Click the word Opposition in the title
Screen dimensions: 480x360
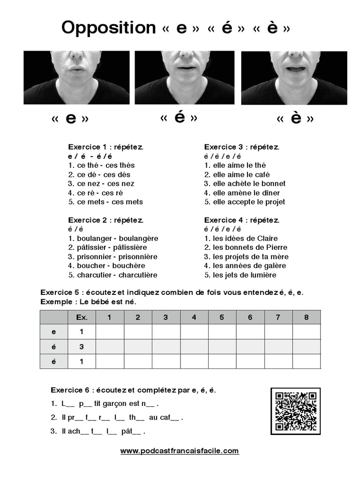point(108,28)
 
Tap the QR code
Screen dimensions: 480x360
point(296,411)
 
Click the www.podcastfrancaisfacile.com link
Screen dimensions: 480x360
point(180,451)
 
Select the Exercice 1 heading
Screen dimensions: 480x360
point(105,147)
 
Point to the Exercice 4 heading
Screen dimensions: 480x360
point(241,220)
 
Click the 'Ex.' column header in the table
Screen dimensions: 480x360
point(82,317)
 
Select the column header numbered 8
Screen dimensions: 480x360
point(307,317)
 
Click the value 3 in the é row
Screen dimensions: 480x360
point(82,347)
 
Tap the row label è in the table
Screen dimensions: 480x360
point(53,361)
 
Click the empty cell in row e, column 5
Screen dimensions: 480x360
point(222,332)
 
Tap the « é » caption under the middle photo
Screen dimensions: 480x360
point(179,118)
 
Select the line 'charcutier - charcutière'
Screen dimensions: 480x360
point(112,275)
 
